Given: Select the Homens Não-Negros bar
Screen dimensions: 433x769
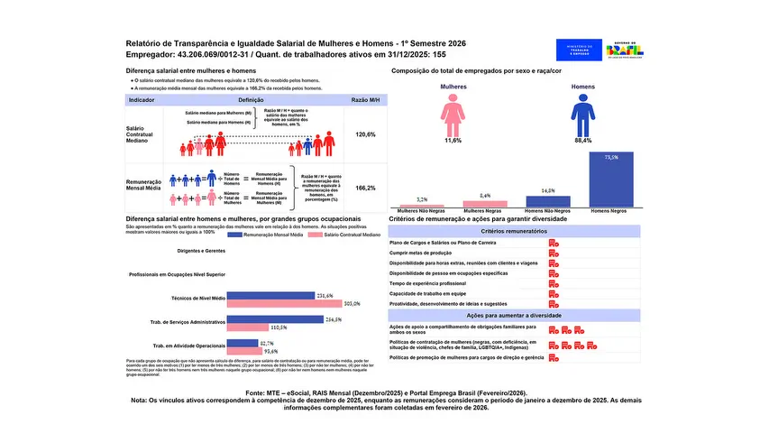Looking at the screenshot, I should tap(548, 201).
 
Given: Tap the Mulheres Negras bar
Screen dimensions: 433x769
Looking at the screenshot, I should tap(485, 204).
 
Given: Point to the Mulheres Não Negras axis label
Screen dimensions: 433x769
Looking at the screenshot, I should tap(422, 211).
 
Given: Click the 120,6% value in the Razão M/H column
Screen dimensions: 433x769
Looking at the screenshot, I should tap(365, 134).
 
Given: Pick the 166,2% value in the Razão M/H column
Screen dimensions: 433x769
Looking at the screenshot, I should tap(365, 189).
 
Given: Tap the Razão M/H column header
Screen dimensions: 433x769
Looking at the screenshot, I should tap(364, 101).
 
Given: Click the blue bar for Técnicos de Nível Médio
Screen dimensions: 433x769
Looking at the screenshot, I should tap(270, 296).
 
